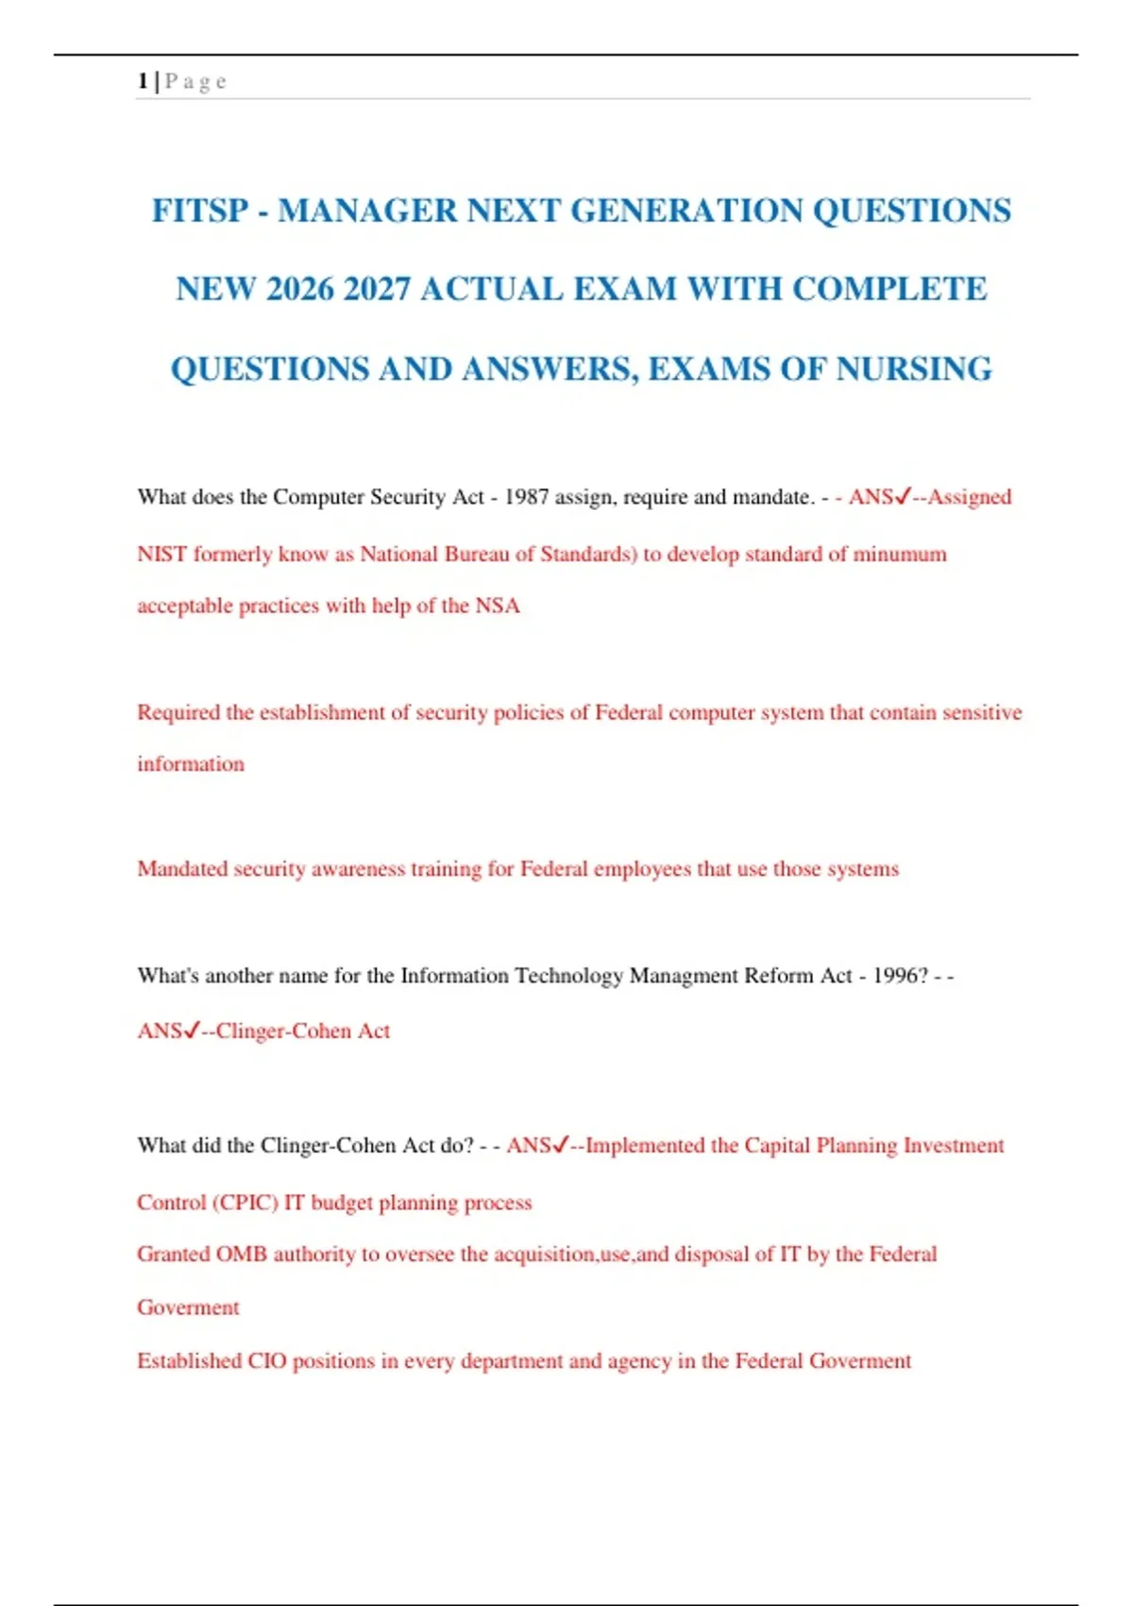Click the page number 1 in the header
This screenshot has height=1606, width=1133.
point(142,81)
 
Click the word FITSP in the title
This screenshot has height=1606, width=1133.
point(200,211)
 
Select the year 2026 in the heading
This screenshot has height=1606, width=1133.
point(300,289)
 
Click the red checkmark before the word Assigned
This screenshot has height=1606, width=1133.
point(902,496)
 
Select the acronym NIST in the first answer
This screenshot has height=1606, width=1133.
point(161,554)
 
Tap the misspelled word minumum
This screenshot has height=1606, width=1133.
point(900,554)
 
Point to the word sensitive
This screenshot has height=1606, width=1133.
point(983,712)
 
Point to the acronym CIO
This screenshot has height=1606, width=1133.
point(267,1361)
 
